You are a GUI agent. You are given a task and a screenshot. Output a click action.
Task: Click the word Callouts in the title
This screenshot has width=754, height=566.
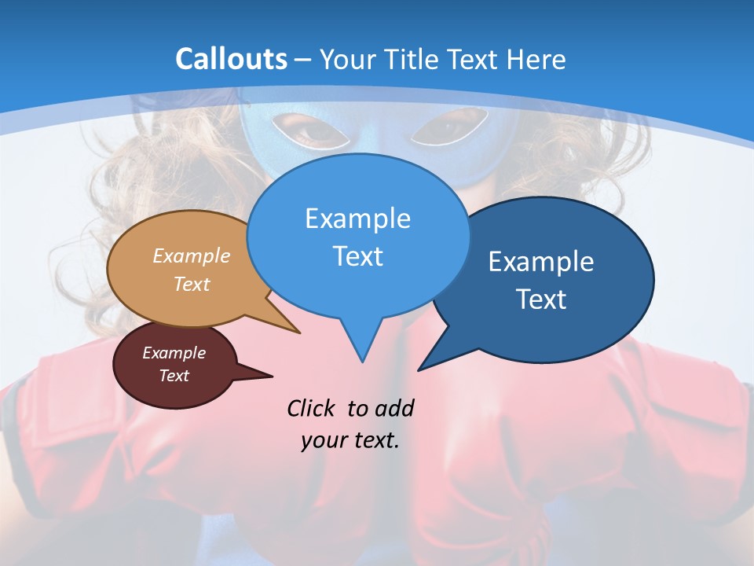coord(232,59)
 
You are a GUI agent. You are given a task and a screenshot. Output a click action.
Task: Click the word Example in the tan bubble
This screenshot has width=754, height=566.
coord(192,255)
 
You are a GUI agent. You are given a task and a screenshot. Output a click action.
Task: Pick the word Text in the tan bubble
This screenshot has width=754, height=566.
coord(192,284)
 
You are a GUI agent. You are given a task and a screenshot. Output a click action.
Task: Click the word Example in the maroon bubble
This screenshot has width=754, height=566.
coord(174,353)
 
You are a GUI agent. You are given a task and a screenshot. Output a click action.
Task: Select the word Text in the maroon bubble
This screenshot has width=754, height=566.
coord(174,376)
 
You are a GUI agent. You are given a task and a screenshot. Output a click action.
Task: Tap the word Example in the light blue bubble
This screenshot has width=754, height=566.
coord(357,219)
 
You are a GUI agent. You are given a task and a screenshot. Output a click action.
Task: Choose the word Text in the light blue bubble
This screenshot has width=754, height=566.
coord(357,256)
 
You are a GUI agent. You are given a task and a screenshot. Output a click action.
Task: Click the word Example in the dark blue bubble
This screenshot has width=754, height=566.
coord(541,262)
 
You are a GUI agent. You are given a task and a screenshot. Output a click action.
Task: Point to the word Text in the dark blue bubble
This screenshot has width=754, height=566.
coord(541,300)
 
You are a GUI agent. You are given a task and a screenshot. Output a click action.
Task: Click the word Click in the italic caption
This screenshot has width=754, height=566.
coord(312,408)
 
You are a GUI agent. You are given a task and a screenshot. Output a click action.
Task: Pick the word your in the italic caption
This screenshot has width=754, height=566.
coord(324,440)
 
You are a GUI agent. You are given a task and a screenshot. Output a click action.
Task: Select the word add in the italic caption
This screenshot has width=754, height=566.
coord(394,408)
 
